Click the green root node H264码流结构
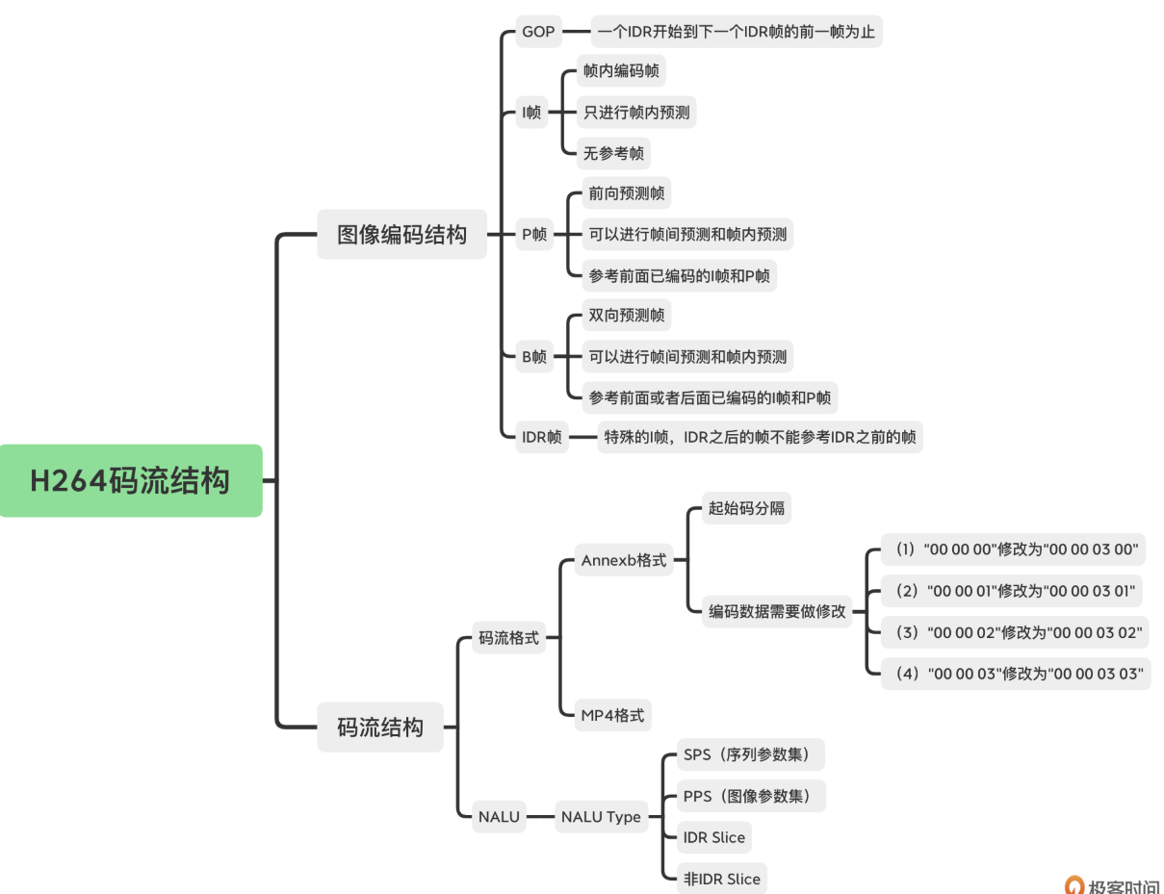click(x=130, y=480)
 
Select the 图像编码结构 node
click(x=401, y=235)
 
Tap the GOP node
click(x=538, y=32)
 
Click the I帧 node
click(x=531, y=113)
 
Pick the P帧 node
click(x=534, y=234)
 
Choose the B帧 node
click(x=534, y=357)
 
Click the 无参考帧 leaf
click(x=613, y=153)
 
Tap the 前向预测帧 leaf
click(x=627, y=193)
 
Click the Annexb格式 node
click(x=624, y=560)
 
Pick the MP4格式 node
click(x=612, y=716)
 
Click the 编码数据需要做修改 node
click(x=777, y=611)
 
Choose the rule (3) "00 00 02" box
click(x=1019, y=632)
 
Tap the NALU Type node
click(x=601, y=817)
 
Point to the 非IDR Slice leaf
click(x=722, y=879)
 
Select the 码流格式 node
click(x=509, y=637)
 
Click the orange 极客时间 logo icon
click(x=1074, y=885)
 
